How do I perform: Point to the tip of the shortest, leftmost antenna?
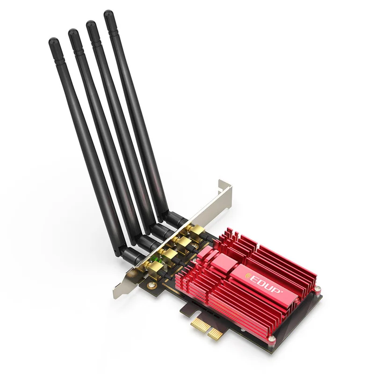pyautogui.click(x=53, y=40)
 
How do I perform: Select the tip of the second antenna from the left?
pyautogui.click(x=73, y=31)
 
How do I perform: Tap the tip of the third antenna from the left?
pyautogui.click(x=91, y=23)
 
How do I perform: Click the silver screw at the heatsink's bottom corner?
pyautogui.click(x=271, y=338)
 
